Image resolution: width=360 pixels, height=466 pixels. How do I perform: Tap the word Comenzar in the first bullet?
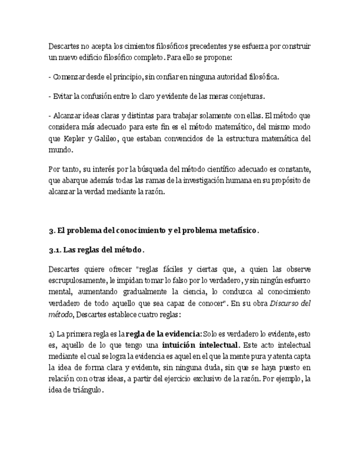(68, 77)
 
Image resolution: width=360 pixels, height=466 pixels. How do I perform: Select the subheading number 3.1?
(55, 250)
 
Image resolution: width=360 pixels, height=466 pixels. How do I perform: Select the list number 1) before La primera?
(52, 334)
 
